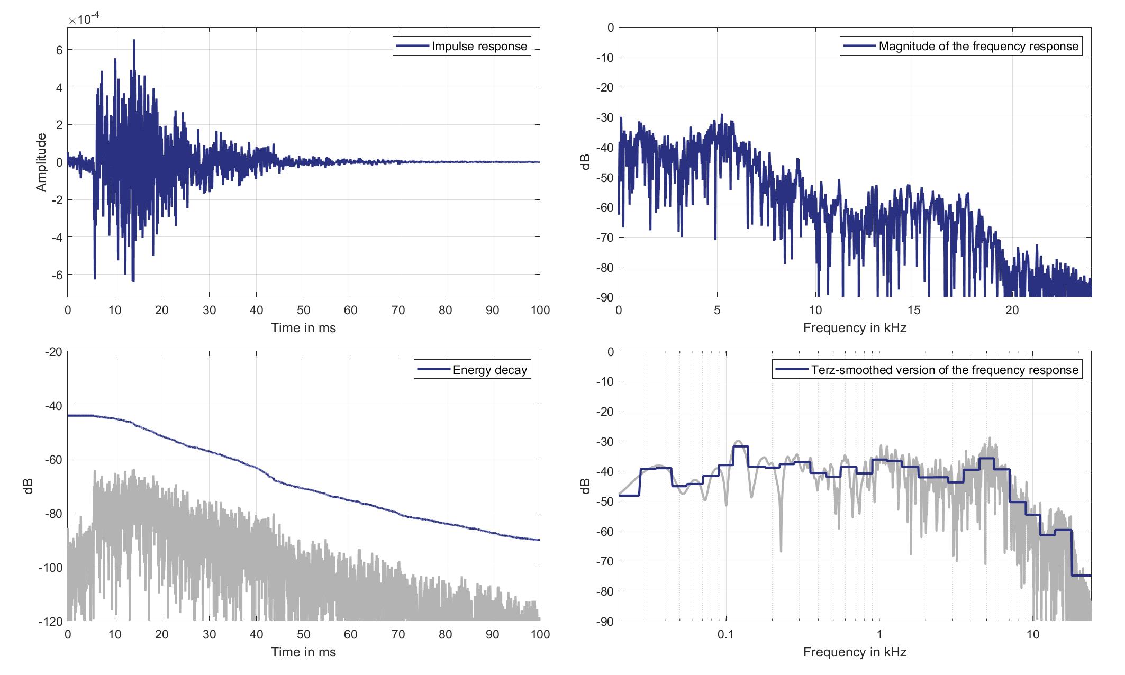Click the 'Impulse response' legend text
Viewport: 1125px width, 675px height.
pos(479,47)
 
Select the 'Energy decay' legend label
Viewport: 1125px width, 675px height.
pos(489,370)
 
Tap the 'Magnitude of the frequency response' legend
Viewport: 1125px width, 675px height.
pos(978,47)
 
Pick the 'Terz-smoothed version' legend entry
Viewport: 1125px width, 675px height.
pos(945,370)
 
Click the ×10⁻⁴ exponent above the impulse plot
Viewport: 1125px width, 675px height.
pos(84,20)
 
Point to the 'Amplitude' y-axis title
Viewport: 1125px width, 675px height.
pos(41,162)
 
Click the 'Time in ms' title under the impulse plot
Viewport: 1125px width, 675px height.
pos(303,328)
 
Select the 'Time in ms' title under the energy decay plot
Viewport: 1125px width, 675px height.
pos(303,652)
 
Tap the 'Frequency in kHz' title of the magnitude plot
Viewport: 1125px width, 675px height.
pos(855,328)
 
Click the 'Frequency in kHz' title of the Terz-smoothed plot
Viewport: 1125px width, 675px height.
pos(855,652)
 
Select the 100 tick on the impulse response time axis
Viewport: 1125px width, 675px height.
pos(540,311)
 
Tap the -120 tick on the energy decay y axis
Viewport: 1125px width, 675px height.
pos(51,621)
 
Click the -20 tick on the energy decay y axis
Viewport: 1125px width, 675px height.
pos(53,352)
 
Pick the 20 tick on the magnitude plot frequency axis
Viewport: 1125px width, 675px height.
pos(1012,311)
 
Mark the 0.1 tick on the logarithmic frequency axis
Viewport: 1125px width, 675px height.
pos(725,634)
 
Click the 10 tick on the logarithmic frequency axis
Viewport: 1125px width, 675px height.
pos(1032,634)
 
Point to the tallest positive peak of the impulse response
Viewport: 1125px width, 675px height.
pos(134,40)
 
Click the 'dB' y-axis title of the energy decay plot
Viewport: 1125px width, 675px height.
pos(29,486)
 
